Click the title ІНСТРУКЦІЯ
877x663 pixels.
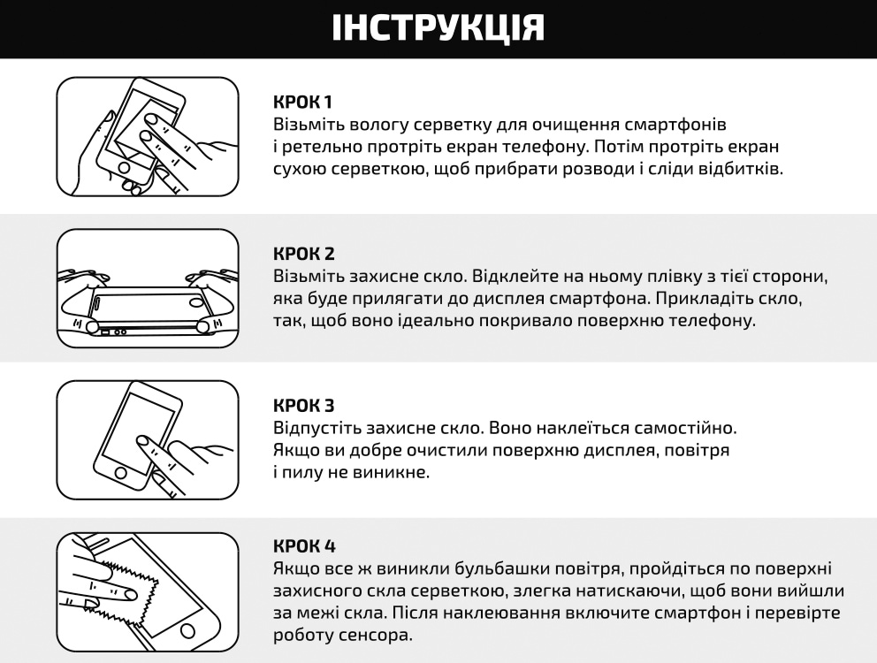(438, 28)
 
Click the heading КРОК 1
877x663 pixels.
(303, 101)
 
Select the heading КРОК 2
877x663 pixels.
(304, 254)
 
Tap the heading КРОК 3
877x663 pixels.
(304, 406)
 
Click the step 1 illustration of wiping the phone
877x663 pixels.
(148, 136)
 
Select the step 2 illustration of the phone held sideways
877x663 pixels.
(148, 288)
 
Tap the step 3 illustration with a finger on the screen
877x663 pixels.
(148, 439)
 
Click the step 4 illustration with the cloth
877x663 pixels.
(148, 580)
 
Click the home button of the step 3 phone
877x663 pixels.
(120, 475)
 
